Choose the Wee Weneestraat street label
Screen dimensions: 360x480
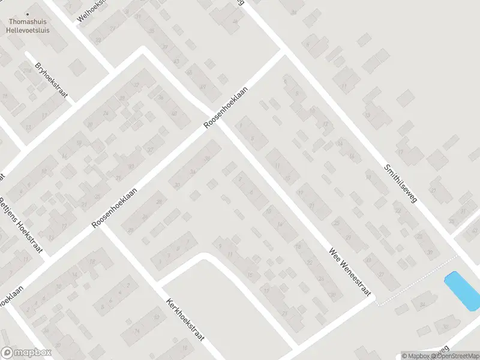tap(350, 271)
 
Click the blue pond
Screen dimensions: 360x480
tap(461, 291)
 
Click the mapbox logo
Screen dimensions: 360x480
tap(26, 353)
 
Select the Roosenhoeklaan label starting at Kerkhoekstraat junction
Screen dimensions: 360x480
tap(115, 208)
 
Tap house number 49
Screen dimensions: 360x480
tap(202, 88)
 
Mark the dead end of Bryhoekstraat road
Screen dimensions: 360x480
tap(28, 53)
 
